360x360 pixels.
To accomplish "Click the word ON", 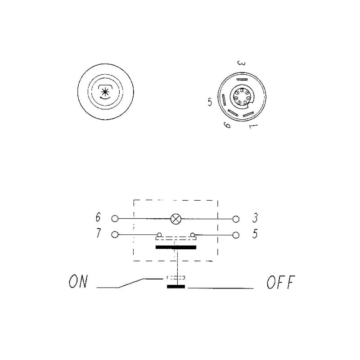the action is coord(78,281).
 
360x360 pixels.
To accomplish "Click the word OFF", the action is coord(281,282).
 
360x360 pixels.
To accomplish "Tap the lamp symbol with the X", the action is coord(176,219).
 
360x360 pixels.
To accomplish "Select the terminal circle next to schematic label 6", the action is coord(115,219).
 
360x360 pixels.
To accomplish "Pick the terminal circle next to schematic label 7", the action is coord(115,234).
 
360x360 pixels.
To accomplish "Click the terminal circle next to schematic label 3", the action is coord(236,219).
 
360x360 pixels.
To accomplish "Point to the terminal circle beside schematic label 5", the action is coord(236,235).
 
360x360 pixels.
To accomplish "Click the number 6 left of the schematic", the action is coord(98,217).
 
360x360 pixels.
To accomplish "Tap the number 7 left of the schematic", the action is coord(98,233).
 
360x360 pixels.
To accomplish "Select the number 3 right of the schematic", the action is coord(255,218).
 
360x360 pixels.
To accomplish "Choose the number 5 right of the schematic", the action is coord(255,234).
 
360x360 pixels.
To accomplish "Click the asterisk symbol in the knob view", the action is coord(105,92).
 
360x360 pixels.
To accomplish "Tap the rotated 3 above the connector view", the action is coord(241,63).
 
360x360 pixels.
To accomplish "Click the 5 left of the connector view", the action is coord(210,102).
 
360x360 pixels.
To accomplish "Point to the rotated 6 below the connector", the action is coord(227,125).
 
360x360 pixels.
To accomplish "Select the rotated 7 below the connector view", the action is coord(253,126).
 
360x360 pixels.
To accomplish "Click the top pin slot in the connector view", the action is coord(242,79).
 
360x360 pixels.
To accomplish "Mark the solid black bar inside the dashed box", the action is coord(176,247).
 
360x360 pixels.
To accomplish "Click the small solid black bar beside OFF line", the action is coord(176,287).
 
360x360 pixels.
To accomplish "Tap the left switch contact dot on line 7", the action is coord(159,234).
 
